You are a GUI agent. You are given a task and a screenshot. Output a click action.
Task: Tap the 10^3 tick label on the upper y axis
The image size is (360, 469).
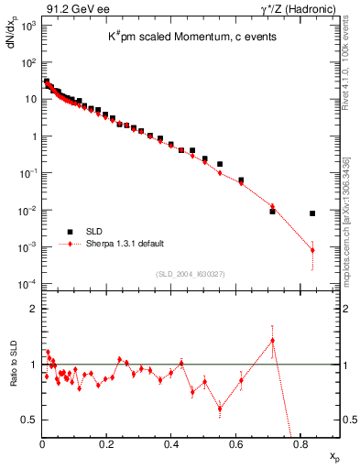27,27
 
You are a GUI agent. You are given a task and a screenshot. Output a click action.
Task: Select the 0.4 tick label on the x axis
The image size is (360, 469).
171,446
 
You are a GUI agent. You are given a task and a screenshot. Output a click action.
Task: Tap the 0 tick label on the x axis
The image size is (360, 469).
42,446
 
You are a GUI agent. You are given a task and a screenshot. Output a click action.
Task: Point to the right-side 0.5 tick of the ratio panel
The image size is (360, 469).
349,420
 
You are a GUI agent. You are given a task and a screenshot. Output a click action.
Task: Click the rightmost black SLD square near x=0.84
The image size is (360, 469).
312,213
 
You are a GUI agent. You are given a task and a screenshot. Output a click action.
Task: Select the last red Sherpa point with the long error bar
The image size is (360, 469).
312,250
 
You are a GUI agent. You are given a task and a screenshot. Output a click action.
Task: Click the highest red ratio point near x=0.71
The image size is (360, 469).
272,341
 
